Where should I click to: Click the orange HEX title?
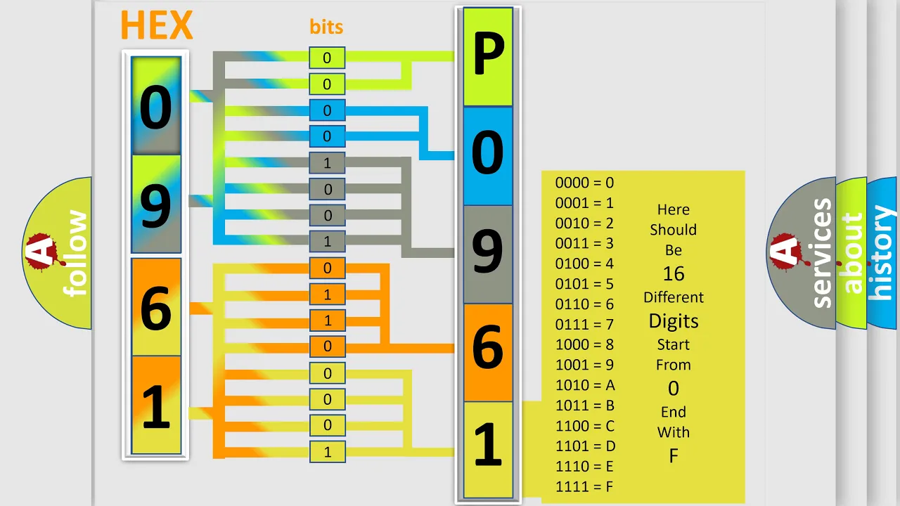[157, 25]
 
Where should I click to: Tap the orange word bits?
[326, 27]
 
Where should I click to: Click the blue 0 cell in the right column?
[488, 156]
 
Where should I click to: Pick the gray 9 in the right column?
[488, 254]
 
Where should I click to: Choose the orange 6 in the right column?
[488, 353]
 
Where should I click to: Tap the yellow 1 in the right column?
[488, 450]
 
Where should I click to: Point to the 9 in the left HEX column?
[156, 206]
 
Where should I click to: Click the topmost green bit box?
[327, 58]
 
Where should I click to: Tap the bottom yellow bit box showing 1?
[328, 452]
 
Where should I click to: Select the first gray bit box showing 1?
[327, 162]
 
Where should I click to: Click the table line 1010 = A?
[585, 385]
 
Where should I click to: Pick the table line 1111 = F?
[584, 487]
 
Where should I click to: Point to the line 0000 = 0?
[584, 183]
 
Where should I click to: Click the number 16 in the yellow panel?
[674, 274]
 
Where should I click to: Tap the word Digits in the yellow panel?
[674, 321]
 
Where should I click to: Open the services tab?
[822, 253]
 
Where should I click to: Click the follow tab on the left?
[75, 253]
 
